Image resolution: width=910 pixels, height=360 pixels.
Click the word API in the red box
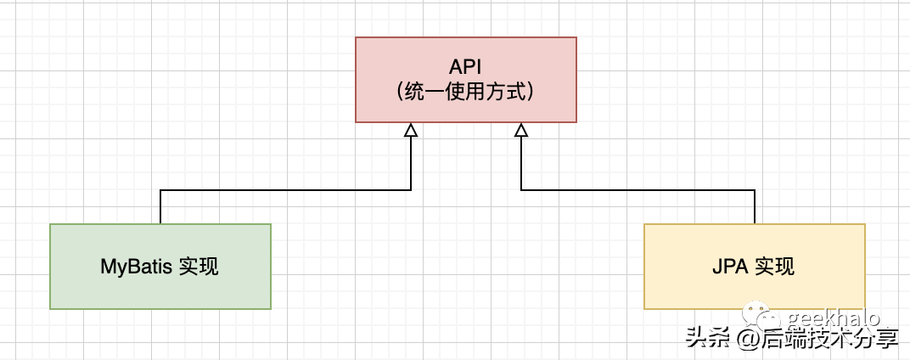[x=466, y=65]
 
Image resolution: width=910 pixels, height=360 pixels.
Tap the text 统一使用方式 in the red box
[x=466, y=92]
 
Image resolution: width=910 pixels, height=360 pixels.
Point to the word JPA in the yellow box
[x=731, y=267]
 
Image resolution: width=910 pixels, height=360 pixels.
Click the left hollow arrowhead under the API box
[x=411, y=130]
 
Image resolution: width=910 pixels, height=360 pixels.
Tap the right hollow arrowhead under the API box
[x=521, y=130]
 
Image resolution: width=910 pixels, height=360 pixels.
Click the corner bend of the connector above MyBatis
[x=160, y=190]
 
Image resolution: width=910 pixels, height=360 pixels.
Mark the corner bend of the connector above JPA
[x=755, y=190]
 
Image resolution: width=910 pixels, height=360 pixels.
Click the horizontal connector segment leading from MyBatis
[x=285, y=190]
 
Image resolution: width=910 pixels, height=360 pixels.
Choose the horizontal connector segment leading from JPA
[x=638, y=190]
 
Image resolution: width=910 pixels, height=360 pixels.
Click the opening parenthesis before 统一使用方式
[x=401, y=92]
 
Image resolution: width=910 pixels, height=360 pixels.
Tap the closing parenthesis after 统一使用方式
[x=531, y=92]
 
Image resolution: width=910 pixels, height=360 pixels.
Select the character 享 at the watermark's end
[x=886, y=340]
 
